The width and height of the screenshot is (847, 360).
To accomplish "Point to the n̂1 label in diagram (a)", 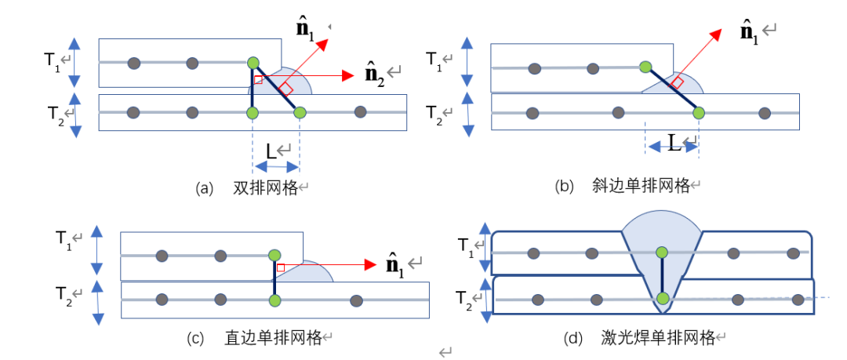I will click(304, 30).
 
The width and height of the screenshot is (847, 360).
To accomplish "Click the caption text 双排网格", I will click(266, 187).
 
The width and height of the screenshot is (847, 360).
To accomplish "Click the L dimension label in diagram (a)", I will click(271, 150).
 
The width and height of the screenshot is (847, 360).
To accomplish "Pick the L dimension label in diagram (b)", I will click(674, 141).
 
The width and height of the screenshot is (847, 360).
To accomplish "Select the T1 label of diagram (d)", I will click(466, 245).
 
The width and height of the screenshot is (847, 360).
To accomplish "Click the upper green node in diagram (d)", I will click(662, 252).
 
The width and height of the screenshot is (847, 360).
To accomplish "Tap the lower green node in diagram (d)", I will click(663, 299).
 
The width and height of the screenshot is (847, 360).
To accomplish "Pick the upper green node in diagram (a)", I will click(253, 62).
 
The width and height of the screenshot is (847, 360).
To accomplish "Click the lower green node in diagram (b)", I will click(699, 113).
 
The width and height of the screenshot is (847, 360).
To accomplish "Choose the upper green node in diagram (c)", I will click(274, 255).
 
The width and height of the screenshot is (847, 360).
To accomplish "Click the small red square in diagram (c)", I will click(281, 267).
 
